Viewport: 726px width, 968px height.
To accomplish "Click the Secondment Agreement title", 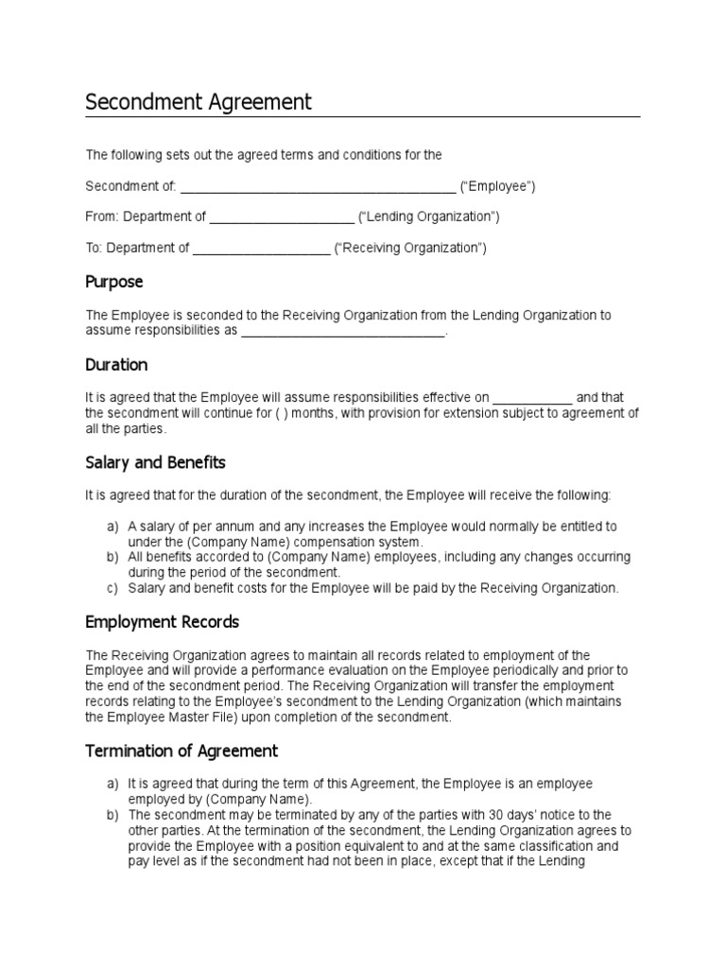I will (x=198, y=102).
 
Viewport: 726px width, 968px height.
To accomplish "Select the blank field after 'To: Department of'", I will (x=262, y=250).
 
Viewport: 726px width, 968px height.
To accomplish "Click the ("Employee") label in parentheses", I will (x=498, y=186).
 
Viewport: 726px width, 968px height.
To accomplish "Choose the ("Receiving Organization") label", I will (x=411, y=249).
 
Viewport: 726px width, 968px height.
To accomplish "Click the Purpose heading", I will (x=114, y=282).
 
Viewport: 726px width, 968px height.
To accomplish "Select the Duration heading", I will (x=116, y=365).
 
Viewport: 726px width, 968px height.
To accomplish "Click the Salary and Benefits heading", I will (x=156, y=463).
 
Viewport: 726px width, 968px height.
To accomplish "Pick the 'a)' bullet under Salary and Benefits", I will (x=112, y=527).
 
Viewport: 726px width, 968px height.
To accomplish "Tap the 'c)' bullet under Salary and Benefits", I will (x=112, y=588).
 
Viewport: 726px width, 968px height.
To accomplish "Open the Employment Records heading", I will (x=163, y=623).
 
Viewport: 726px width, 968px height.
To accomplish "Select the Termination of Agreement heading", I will (x=181, y=752).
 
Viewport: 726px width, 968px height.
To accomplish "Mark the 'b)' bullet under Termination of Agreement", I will (x=112, y=815).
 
